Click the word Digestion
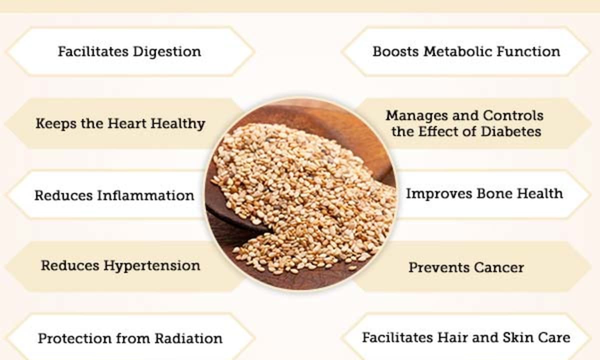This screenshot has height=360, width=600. pos(167,52)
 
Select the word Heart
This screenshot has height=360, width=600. pos(127,123)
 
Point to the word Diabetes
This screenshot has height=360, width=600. pos(511,131)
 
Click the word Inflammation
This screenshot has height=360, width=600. pos(145,195)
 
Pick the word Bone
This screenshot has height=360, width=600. pos(493,193)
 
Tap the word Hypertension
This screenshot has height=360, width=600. pos(152,266)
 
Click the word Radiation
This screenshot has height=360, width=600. pos(188,338)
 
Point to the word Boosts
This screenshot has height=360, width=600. pos(395,51)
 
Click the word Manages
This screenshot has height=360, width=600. pos(417,116)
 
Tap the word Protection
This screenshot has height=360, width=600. pos(74,338)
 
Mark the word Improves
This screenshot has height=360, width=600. pos(439,194)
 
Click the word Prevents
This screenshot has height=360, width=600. pos(439,267)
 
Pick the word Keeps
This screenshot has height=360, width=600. pos(56,124)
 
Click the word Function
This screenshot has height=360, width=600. pos(528,51)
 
